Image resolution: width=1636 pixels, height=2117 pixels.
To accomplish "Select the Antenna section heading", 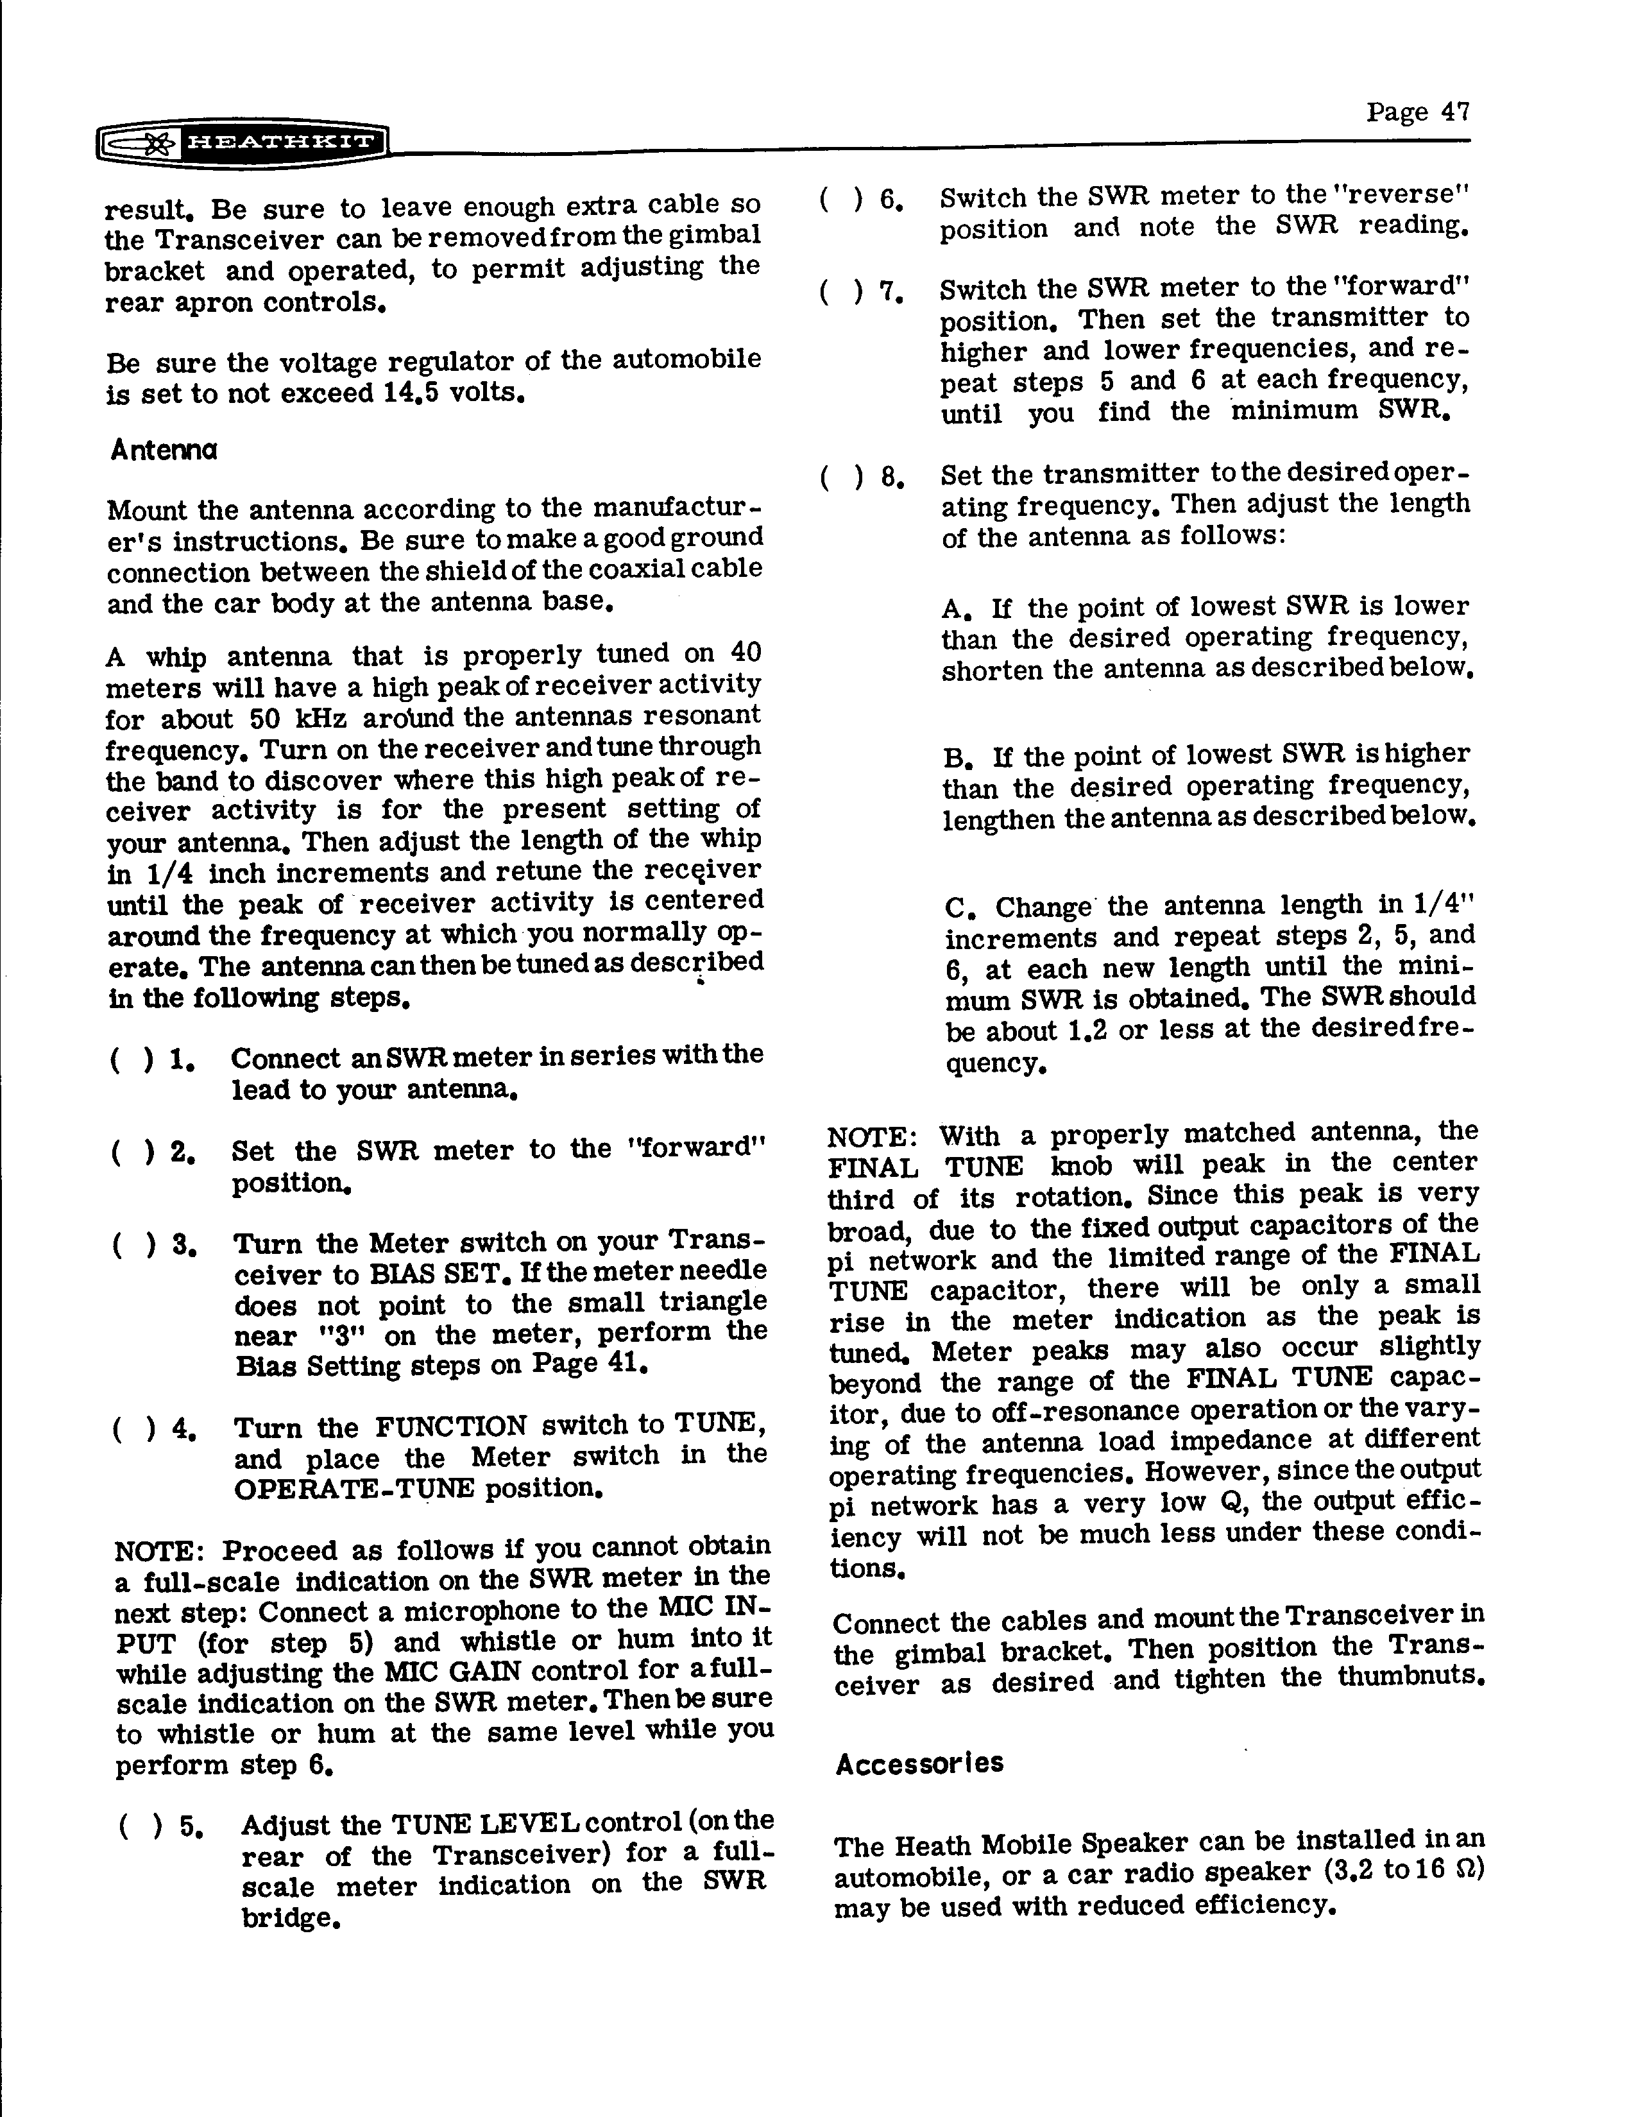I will (x=164, y=450).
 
